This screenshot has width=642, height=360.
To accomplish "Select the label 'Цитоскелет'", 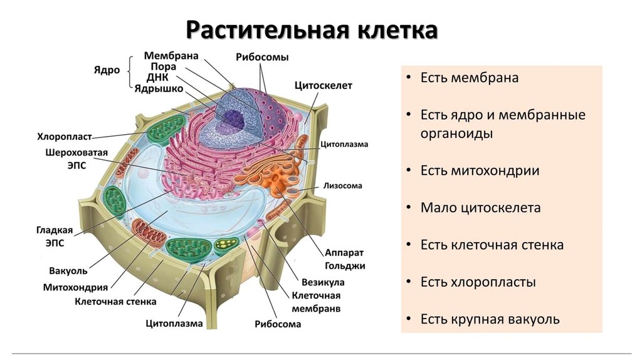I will coord(322,85).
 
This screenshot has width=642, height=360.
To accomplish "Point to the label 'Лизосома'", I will coord(342,186).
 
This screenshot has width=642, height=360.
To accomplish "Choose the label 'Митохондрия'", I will coord(75,287).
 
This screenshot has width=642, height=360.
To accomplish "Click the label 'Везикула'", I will coord(322,282).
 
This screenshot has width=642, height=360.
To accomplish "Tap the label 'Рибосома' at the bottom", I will coord(278,324).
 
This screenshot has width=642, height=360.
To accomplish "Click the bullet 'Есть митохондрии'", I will coord(480,170).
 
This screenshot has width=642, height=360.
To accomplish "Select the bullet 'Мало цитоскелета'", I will coord(480,208).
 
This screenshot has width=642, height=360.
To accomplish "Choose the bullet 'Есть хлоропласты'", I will coord(478,282).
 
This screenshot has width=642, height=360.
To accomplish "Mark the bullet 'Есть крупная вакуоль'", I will coord(490,319).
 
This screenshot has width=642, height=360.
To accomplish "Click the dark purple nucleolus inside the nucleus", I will coord(235,118).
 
